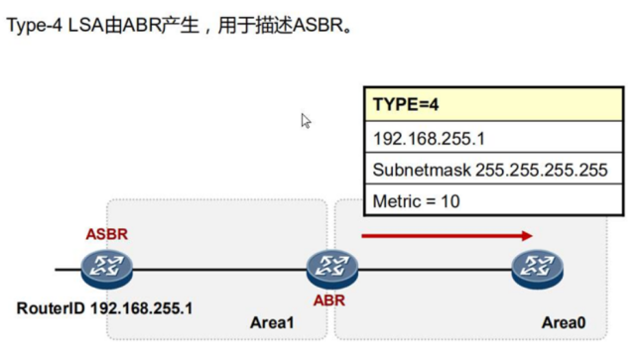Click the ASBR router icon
tap(108, 268)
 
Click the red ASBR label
tap(107, 234)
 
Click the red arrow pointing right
tap(448, 236)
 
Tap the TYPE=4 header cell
tap(494, 104)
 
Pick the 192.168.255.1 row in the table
tap(494, 137)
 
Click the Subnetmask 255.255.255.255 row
tap(494, 170)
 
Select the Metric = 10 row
tap(494, 201)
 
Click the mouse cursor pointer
tap(307, 120)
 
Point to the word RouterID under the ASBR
tap(51, 307)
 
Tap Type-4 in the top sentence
tap(35, 24)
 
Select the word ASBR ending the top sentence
tap(318, 24)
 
